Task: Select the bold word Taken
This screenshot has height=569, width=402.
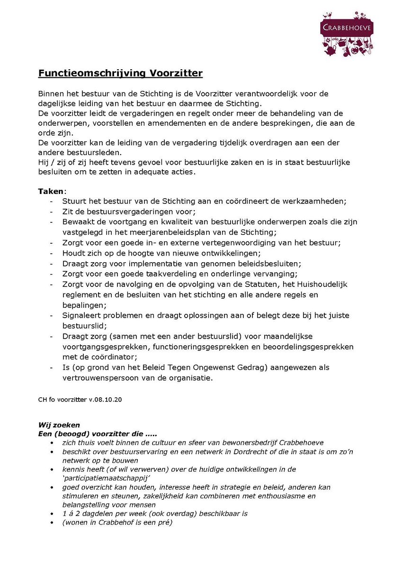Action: point(50,191)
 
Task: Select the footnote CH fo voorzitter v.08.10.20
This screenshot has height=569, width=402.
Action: point(80,399)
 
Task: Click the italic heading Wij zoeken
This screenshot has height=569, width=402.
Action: point(59,425)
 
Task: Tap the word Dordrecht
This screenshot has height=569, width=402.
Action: point(237,451)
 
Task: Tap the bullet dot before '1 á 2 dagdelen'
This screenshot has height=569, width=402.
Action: point(51,514)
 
